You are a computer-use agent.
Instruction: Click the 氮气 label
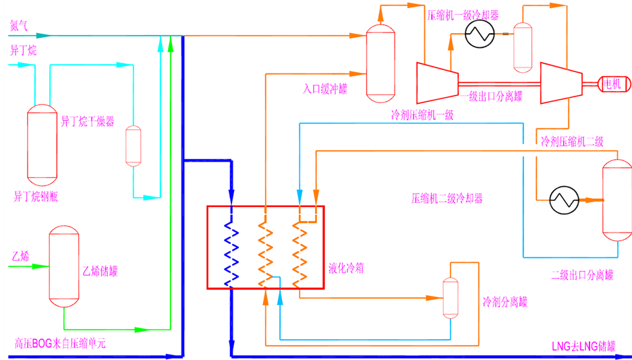click(x=18, y=26)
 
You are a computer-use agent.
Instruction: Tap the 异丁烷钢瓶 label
click(x=36, y=196)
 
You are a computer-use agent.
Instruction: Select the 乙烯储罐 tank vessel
click(x=63, y=266)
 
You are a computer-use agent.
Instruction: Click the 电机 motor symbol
click(x=614, y=84)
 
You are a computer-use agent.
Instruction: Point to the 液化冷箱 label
click(x=346, y=268)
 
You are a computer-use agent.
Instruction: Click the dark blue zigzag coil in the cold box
click(x=231, y=253)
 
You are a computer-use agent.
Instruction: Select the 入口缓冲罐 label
click(x=325, y=89)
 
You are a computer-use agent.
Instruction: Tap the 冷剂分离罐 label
click(x=505, y=301)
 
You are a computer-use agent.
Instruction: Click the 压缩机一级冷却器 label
click(x=463, y=16)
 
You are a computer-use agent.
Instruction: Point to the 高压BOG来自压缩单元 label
click(x=59, y=344)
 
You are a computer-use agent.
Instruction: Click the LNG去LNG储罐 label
click(x=583, y=346)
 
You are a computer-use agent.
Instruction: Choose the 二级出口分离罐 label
click(x=582, y=276)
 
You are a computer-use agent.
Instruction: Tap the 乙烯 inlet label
click(x=20, y=256)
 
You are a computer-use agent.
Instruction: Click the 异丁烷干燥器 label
click(x=88, y=121)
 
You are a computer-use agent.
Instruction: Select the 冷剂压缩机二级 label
click(x=572, y=141)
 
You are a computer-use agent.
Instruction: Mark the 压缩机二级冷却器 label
click(x=447, y=198)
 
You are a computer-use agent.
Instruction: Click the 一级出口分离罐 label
click(x=491, y=96)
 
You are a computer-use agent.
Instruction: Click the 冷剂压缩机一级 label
click(x=422, y=115)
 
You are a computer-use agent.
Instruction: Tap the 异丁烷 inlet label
click(x=23, y=51)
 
